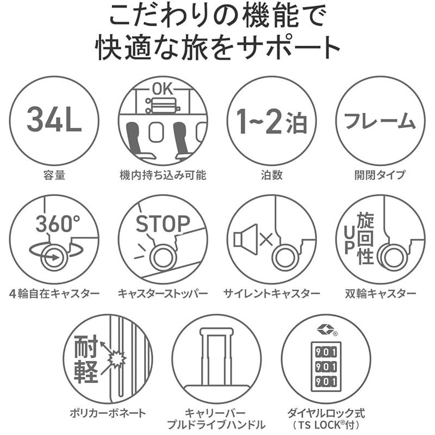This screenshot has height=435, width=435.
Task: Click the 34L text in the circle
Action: [54, 121]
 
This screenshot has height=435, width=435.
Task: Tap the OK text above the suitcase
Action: [163, 89]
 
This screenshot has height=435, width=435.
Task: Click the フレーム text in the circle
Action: [380, 121]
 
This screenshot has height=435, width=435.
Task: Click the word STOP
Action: [163, 223]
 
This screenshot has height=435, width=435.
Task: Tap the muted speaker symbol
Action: [244, 239]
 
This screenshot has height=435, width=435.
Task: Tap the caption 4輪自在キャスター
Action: [54, 294]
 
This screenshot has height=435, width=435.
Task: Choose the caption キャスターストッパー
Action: [163, 294]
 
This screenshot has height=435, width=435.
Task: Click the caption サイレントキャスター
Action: [271, 294]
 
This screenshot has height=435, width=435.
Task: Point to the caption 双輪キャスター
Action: [380, 294]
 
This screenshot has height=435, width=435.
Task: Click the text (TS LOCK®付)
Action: [326, 425]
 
